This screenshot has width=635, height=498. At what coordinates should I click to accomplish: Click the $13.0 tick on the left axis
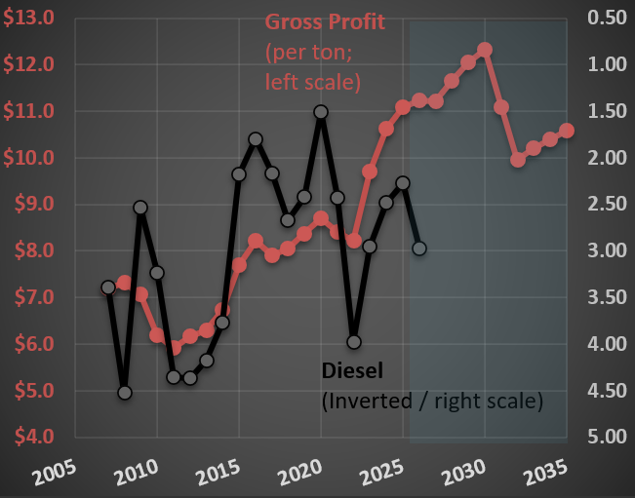coord(28,18)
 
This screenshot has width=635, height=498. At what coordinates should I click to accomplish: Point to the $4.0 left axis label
coord(34,437)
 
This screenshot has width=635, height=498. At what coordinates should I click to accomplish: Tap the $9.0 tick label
coord(34,204)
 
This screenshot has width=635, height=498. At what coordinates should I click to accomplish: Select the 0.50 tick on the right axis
coord(607,18)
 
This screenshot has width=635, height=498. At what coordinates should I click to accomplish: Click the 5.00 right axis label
coord(607,437)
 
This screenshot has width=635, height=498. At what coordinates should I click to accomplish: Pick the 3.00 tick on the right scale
coord(607,250)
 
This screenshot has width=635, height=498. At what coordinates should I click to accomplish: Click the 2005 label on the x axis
coord(55,473)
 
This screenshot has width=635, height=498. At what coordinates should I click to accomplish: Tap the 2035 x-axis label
coord(545,473)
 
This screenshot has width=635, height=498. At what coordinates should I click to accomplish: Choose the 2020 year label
coord(300,473)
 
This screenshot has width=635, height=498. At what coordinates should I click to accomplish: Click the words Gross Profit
coord(325,22)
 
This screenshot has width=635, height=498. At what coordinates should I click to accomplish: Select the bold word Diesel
coord(352,370)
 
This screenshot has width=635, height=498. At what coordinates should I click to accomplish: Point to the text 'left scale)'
coord(313,82)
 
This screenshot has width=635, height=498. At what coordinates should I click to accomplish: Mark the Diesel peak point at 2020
coord(321,112)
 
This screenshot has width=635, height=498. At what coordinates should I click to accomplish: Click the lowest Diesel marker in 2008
coord(125,393)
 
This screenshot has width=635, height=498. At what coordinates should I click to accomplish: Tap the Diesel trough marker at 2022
coord(354,342)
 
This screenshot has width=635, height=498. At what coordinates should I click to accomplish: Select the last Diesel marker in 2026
coord(419,249)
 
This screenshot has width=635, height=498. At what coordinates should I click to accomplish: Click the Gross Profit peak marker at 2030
coord(485,50)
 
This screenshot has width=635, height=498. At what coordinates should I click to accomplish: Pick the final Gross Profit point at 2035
coord(567,131)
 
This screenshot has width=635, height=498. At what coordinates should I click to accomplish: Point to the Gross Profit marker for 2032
coord(518,160)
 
